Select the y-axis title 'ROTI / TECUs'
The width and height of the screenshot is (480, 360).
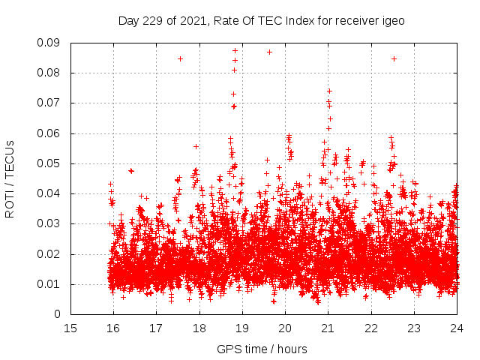pos(10,178)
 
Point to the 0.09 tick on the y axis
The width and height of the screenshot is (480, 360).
pos(51,43)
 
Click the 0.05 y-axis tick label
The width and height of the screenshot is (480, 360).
pos(51,163)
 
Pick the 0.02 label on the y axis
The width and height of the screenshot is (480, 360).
pos(51,253)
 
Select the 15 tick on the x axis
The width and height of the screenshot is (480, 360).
pos(70,328)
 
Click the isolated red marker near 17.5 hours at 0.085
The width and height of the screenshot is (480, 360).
pos(180,58)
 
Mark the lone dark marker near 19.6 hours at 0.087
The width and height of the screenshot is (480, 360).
pos(269,52)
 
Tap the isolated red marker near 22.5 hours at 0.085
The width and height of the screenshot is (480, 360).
pos(394,58)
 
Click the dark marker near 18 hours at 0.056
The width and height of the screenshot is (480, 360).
pos(196,146)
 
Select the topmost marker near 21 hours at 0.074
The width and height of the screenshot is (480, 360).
pos(329,91)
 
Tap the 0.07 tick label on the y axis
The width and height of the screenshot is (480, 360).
pos(51,103)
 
